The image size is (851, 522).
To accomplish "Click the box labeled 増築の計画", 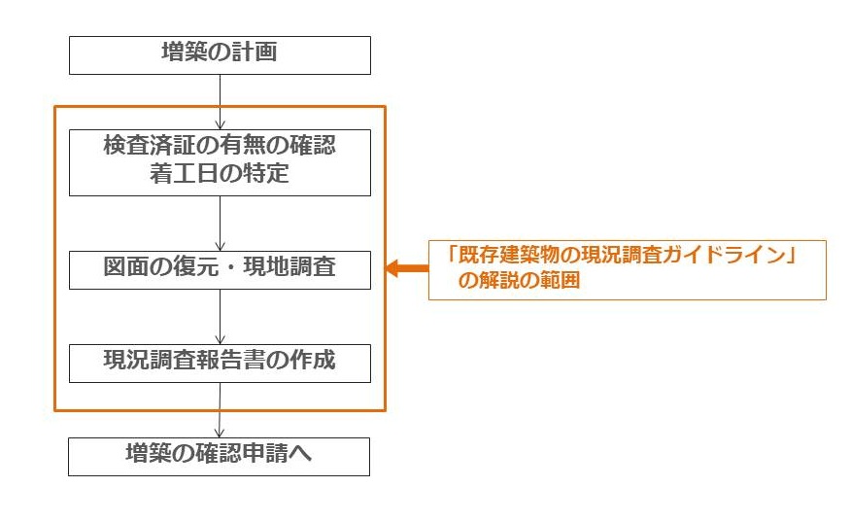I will pyautogui.click(x=220, y=54).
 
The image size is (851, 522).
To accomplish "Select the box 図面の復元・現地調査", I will pyautogui.click(x=220, y=268).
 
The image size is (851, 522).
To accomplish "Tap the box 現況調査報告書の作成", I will pyautogui.click(x=220, y=361).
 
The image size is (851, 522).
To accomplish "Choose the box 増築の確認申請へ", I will pyautogui.click(x=220, y=456).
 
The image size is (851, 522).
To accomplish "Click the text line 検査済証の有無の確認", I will pyautogui.click(x=220, y=147).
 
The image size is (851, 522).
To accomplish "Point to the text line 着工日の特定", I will pyautogui.click(x=220, y=176).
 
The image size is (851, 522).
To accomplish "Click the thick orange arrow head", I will pyautogui.click(x=393, y=269).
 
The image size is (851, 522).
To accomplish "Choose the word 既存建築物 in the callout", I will pyautogui.click(x=504, y=257).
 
